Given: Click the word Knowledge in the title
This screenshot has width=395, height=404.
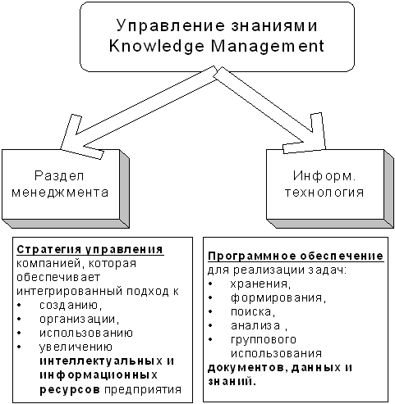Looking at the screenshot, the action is (x=157, y=46).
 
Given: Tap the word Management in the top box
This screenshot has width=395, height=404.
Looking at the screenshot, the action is (x=268, y=46).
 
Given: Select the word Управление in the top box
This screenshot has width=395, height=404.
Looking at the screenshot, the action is (x=170, y=25).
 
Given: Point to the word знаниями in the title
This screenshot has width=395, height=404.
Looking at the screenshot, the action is (x=274, y=25).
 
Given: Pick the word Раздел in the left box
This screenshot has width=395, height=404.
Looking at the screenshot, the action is (x=59, y=176).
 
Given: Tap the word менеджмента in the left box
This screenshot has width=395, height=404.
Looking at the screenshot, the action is (x=60, y=193).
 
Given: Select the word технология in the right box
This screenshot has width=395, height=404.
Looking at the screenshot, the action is (x=324, y=193).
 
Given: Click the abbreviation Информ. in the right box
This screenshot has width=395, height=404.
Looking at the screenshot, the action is (x=324, y=175).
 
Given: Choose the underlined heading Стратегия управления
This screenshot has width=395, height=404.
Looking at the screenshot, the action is (x=90, y=250).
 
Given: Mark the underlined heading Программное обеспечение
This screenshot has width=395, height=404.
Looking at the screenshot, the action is (x=296, y=256).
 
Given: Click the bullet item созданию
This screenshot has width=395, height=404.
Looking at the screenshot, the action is (x=71, y=305).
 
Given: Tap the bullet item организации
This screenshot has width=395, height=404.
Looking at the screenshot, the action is (x=80, y=319).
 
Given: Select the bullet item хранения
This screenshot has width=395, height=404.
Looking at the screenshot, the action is (x=260, y=284).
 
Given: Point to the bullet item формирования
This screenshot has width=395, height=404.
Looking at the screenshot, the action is (x=278, y=298).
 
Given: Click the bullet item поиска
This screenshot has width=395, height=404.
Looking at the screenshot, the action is (x=253, y=312).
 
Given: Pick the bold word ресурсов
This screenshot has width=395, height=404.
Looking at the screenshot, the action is (x=70, y=390).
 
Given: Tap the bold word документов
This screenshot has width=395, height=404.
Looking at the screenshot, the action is (x=247, y=369).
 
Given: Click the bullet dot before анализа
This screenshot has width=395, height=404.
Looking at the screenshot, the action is (x=210, y=325).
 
